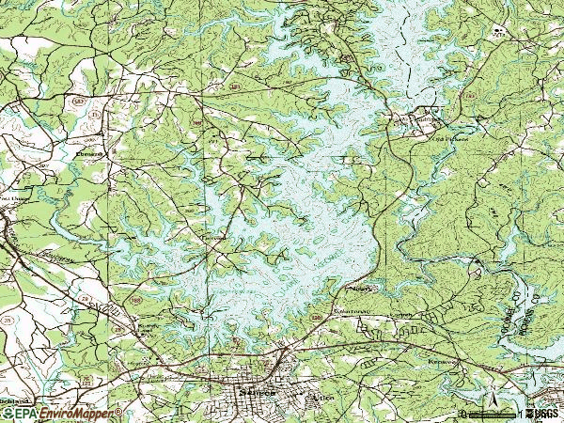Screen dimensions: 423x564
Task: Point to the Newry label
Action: tap(360, 290)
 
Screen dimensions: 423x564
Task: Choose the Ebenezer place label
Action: tap(92, 150)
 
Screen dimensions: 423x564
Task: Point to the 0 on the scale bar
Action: tap(462, 414)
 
